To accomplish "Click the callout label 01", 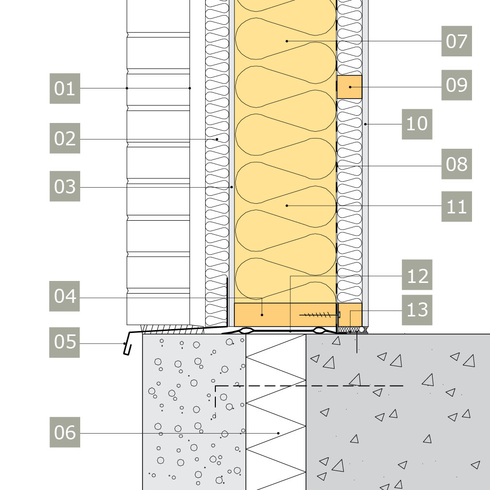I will click(x=65, y=88).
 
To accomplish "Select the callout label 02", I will click(x=65, y=139).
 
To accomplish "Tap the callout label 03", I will click(x=65, y=186).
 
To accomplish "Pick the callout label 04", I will click(x=65, y=296).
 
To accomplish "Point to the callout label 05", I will click(x=65, y=342).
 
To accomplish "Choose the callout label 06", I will click(x=65, y=432).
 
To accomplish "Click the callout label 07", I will click(x=456, y=41).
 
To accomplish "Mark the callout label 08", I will click(x=456, y=164).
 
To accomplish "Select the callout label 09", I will click(x=456, y=85).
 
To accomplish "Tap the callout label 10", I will click(x=417, y=124).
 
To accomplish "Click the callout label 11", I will click(x=456, y=207).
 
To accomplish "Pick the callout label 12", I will click(x=417, y=276).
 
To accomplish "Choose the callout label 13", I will click(x=417, y=310).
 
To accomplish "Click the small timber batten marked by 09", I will click(x=350, y=87).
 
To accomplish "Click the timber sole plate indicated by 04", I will click(x=272, y=315).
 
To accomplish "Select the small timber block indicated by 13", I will click(x=350, y=315).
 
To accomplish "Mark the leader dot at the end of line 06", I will click(x=279, y=433).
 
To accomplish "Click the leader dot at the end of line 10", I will click(x=365, y=124).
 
